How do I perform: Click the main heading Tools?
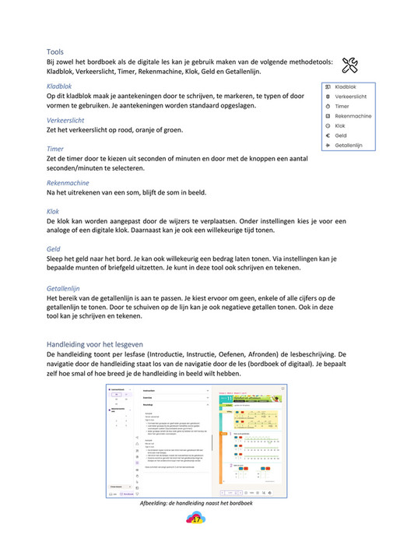coord(55,51)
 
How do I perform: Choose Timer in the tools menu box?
coord(342,106)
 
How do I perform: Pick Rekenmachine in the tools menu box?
coord(353,116)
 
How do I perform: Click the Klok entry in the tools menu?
coord(340,125)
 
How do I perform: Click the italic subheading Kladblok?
coord(60,86)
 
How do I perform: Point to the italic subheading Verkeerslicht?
coord(65,120)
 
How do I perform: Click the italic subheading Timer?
coord(55,148)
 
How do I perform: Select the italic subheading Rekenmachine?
coord(68,183)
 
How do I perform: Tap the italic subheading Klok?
coord(53,211)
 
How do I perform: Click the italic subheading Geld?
coord(54,248)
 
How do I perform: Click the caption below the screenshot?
coord(196,502)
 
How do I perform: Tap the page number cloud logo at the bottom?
coord(196,519)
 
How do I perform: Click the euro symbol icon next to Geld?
coord(328,135)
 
